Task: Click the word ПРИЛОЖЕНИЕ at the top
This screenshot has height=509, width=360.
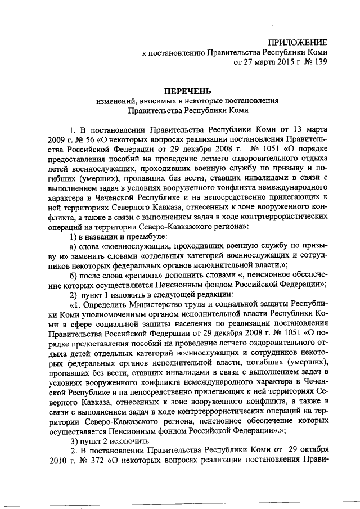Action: [298, 43]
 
